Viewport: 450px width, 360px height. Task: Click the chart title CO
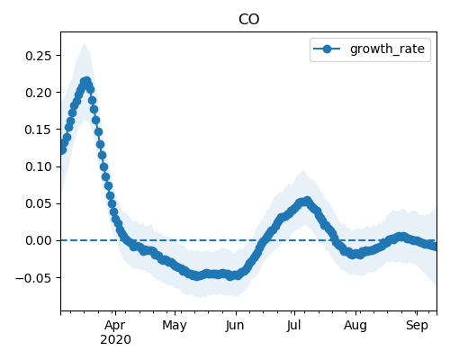point(248,20)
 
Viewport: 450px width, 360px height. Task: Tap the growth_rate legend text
point(387,49)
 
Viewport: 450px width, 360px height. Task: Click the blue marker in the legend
point(327,49)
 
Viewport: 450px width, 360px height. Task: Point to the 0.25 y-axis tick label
point(38,56)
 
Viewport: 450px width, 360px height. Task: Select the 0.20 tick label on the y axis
point(38,93)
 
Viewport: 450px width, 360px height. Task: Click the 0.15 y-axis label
point(38,130)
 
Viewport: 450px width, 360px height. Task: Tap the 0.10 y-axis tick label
point(38,166)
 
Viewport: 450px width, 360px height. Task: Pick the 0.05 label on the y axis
point(38,203)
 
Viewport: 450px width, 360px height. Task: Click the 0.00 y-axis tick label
point(38,240)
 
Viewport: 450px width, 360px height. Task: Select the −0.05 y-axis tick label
point(33,278)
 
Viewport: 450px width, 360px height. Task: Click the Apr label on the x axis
point(115,326)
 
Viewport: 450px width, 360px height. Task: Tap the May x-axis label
point(175,326)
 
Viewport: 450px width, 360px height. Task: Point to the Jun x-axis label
point(235,326)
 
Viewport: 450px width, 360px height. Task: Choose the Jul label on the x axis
point(293,326)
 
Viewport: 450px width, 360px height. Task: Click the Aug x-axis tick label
point(355,326)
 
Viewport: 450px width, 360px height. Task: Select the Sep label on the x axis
point(417,326)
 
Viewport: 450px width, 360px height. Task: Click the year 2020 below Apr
point(115,340)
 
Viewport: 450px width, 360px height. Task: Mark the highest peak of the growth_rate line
point(86,81)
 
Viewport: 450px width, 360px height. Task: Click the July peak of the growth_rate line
point(307,200)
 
